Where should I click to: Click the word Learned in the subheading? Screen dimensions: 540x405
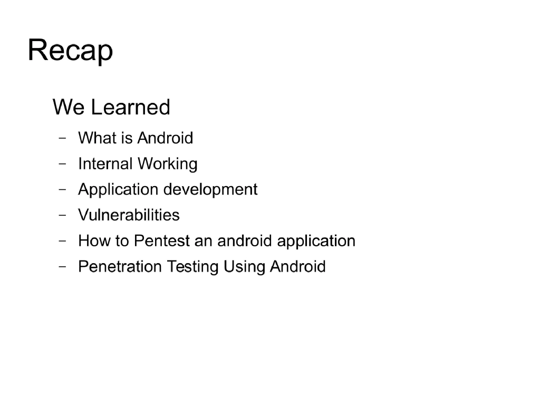pyautogui.click(x=130, y=108)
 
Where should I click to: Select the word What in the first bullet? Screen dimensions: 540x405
pyautogui.click(x=97, y=138)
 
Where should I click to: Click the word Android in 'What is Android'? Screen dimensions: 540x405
pyautogui.click(x=165, y=138)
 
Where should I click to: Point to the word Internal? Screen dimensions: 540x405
pyautogui.click(x=105, y=164)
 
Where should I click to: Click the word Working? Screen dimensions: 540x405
pyautogui.click(x=167, y=164)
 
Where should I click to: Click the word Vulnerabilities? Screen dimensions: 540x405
pyautogui.click(x=129, y=215)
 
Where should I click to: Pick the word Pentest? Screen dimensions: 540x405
pyautogui.click(x=162, y=241)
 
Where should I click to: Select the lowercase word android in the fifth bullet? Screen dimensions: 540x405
pyautogui.click(x=245, y=241)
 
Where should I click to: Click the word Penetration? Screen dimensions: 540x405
pyautogui.click(x=120, y=267)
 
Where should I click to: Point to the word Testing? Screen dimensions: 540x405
pyautogui.click(x=192, y=267)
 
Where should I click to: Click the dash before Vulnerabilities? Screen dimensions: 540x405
pyautogui.click(x=63, y=215)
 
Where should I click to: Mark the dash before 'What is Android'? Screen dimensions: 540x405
pyautogui.click(x=63, y=139)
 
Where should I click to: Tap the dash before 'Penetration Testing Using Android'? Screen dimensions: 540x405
pyautogui.click(x=63, y=267)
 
